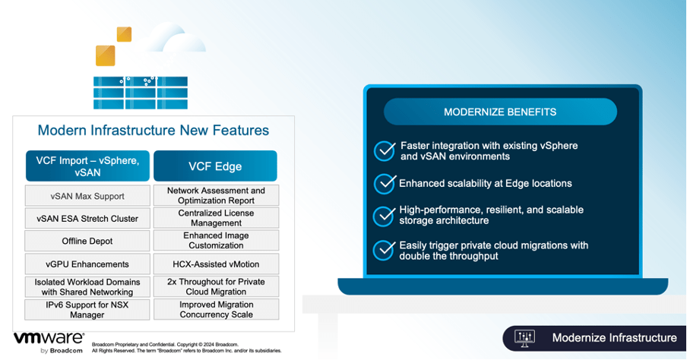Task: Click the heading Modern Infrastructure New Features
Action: [x=153, y=131]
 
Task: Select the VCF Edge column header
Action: [x=215, y=166]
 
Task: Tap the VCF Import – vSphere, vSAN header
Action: [x=87, y=166]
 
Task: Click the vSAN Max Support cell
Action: [x=87, y=196]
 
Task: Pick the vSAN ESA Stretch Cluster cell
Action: [x=87, y=219]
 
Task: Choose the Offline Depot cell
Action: [x=87, y=241]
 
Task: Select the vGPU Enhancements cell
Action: [x=87, y=264]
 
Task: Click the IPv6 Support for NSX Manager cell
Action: [x=87, y=309]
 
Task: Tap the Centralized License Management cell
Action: [x=216, y=219]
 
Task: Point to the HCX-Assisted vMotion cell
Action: [x=216, y=264]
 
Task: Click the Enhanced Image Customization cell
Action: [x=216, y=241]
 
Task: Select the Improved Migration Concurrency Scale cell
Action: [x=216, y=309]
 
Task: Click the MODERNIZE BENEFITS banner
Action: [x=500, y=112]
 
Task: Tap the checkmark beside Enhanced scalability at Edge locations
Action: [x=385, y=184]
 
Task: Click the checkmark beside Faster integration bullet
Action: [x=385, y=150]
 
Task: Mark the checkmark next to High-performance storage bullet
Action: [x=385, y=216]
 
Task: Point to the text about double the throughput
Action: [x=493, y=251]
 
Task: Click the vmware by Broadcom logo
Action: [x=49, y=341]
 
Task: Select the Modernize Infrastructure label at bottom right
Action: [x=614, y=338]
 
